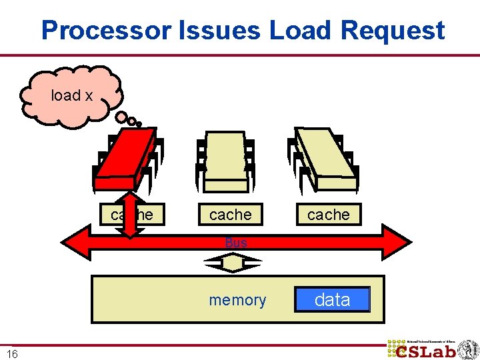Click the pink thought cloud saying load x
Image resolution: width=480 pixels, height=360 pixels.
(x=72, y=95)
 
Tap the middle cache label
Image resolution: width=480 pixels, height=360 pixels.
(x=231, y=215)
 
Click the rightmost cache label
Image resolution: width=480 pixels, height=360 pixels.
(x=328, y=215)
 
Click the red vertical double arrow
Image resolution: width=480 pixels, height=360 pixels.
(x=131, y=215)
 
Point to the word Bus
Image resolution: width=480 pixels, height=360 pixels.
(x=236, y=243)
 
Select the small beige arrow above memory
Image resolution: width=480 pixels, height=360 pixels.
(x=233, y=264)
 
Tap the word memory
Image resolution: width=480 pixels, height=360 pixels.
(x=237, y=301)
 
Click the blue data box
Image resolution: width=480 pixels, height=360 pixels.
(x=332, y=300)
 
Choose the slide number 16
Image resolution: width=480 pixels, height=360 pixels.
(x=12, y=354)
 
